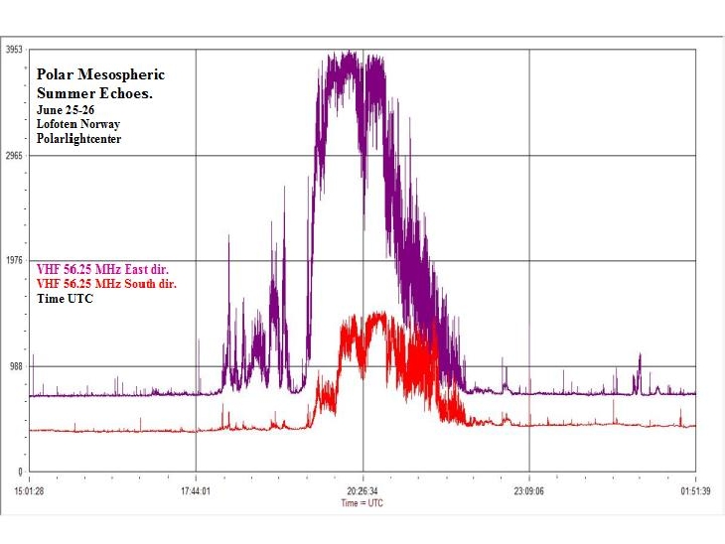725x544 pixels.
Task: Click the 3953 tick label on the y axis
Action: click(x=14, y=50)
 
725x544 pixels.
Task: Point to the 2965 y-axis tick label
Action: click(x=14, y=156)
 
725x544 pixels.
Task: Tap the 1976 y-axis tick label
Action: click(x=14, y=261)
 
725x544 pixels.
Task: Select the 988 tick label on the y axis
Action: click(x=16, y=366)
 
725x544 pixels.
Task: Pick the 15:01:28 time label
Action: click(x=30, y=489)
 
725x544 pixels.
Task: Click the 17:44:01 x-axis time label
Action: click(x=196, y=489)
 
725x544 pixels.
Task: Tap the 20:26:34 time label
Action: click(x=362, y=489)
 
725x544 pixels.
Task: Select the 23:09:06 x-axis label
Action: click(x=528, y=489)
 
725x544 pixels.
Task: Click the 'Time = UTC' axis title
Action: click(x=362, y=502)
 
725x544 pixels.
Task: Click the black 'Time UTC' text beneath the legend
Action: click(x=65, y=298)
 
